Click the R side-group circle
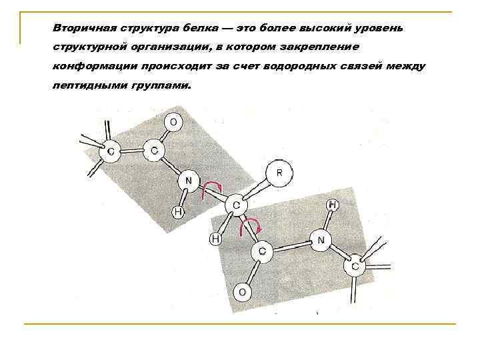(279, 173)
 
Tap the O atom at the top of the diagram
(173, 122)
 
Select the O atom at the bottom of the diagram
(243, 292)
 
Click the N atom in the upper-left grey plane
(188, 180)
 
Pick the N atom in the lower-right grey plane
(321, 239)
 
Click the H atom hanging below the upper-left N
(177, 212)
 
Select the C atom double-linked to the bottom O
(261, 251)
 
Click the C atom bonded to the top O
(154, 151)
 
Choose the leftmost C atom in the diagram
(111, 153)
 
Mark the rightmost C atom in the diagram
(354, 267)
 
